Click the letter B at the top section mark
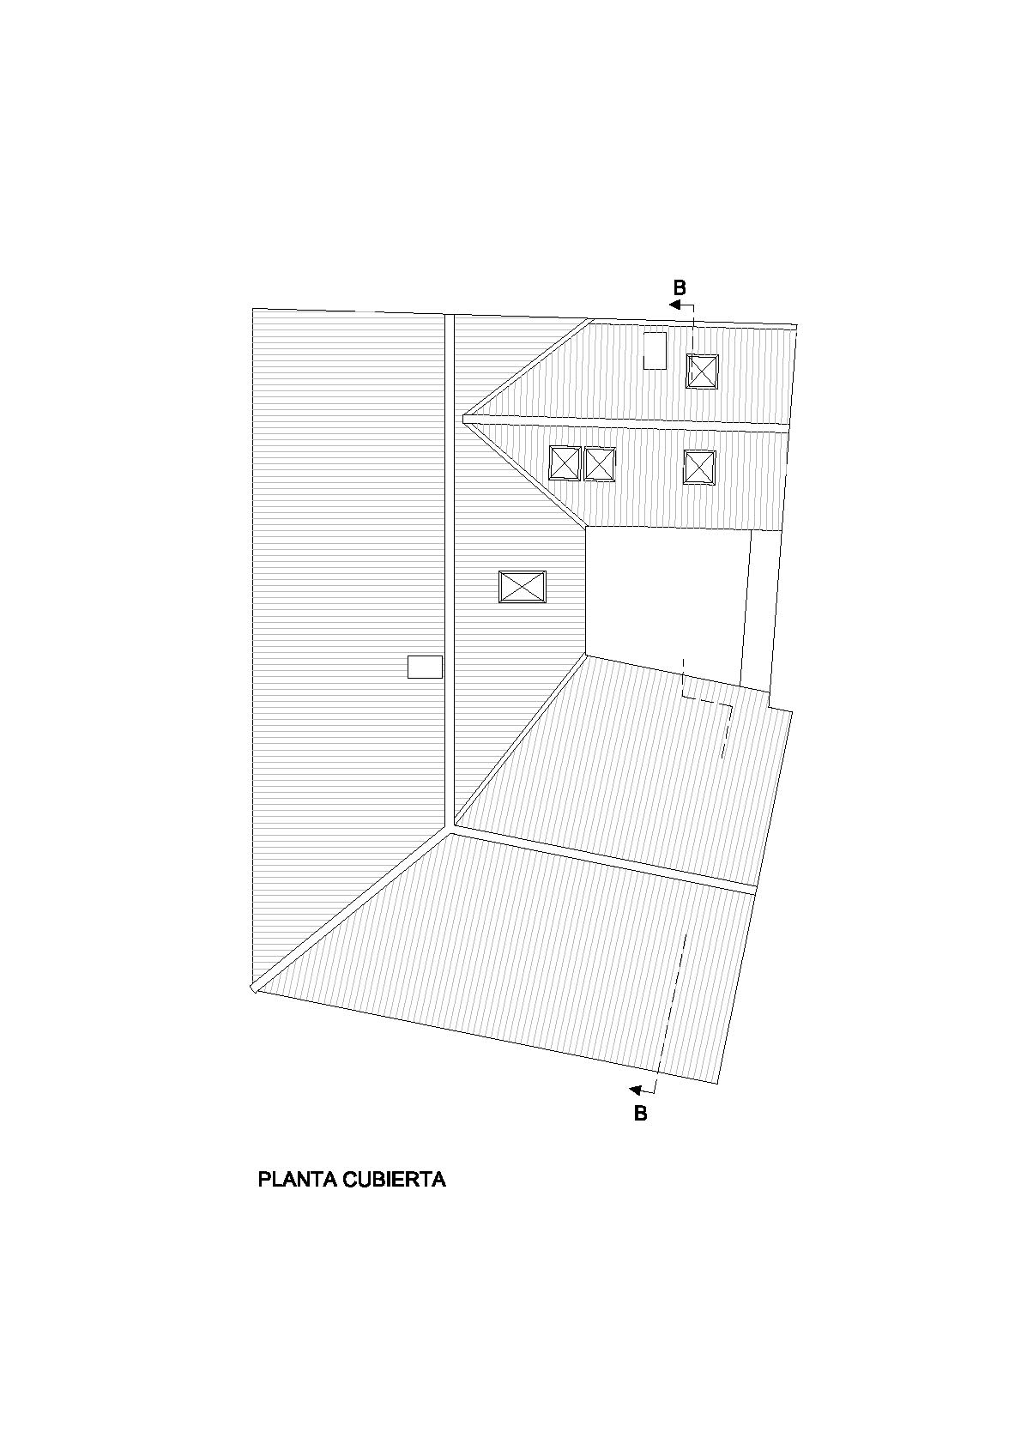coord(680,288)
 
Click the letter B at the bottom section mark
coord(640,1114)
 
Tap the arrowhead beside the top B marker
coord(675,304)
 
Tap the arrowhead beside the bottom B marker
coord(636,1091)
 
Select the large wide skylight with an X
coord(523,587)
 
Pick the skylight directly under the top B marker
coord(702,372)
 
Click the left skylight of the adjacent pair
coord(565,463)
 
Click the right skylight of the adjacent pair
coord(600,464)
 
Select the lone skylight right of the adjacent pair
coord(699,468)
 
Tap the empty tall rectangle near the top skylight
coord(655,350)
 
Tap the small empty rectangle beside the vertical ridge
coord(425,667)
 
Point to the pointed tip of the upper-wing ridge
coord(465,419)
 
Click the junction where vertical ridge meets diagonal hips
coord(450,828)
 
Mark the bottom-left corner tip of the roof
coord(253,988)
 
